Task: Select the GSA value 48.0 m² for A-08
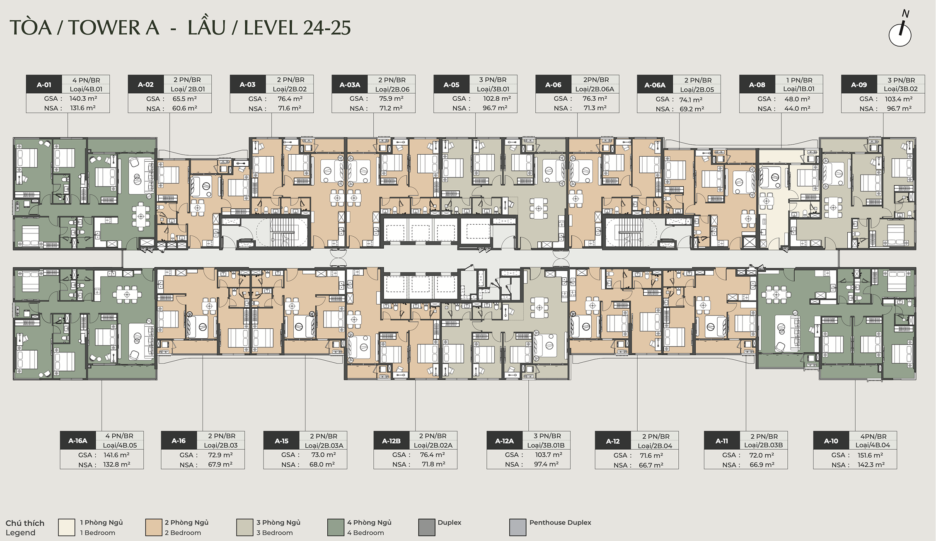tap(797, 99)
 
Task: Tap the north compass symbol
tap(900, 29)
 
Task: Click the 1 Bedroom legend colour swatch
tap(67, 527)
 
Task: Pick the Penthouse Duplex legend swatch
tap(518, 527)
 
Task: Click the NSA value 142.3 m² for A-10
tap(871, 465)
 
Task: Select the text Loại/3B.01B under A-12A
tap(546, 445)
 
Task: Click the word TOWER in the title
tap(104, 28)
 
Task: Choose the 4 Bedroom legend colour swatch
tap(336, 527)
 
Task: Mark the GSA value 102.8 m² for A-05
tap(497, 99)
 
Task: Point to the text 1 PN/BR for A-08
tap(799, 80)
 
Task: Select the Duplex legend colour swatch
tap(427, 527)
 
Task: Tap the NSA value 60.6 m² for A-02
tap(185, 108)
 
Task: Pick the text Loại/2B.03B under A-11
tap(763, 445)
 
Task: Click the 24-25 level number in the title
tap(327, 28)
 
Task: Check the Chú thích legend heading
tap(25, 523)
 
